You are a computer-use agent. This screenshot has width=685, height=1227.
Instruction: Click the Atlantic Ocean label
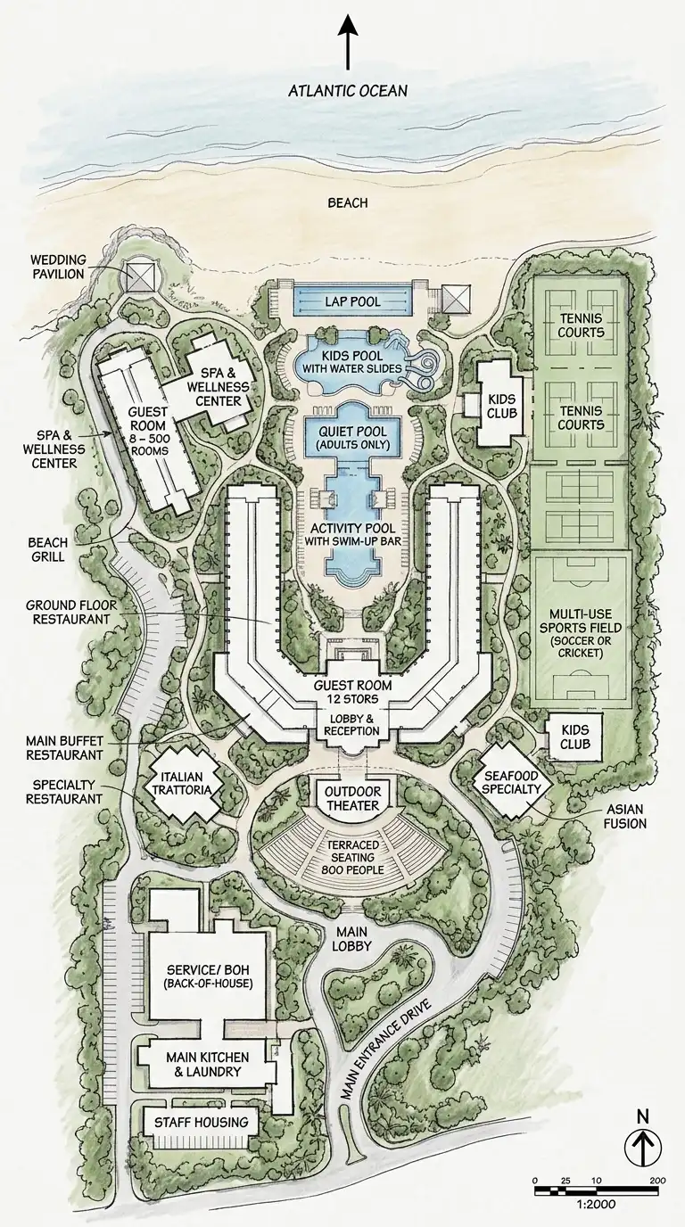point(348,90)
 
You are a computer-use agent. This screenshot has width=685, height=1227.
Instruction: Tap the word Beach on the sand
point(348,203)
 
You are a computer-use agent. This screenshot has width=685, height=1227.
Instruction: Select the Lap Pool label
point(353,302)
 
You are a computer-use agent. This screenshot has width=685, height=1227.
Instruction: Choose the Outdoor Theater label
point(352,799)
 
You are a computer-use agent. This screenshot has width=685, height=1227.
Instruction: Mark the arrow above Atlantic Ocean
point(348,43)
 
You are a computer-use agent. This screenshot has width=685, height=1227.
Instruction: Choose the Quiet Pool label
point(353,435)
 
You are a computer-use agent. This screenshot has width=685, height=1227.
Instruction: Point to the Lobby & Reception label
point(353,724)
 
